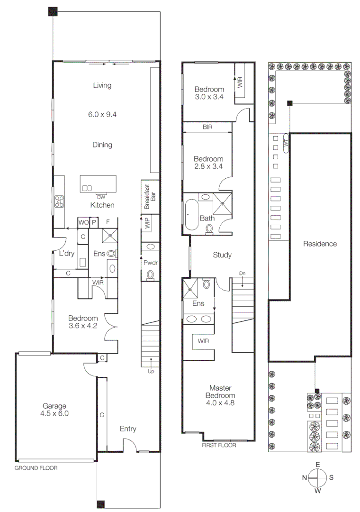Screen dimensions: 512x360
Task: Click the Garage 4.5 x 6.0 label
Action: point(55,410)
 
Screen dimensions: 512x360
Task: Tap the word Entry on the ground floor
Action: point(128,429)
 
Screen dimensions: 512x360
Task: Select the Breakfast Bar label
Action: point(149,197)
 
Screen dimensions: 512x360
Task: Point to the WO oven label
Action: point(83,222)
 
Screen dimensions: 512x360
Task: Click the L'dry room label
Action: point(67,254)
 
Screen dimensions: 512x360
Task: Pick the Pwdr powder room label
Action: point(150,262)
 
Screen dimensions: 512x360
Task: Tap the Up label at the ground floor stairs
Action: point(151,371)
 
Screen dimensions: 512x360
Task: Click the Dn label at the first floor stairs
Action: point(242,273)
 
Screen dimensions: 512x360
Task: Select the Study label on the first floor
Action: point(222,255)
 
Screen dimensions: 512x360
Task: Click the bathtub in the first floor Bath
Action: point(192,215)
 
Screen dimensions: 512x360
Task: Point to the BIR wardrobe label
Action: point(207,127)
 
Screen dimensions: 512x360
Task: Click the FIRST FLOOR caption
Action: point(219,445)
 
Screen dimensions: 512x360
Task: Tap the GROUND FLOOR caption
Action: point(36,468)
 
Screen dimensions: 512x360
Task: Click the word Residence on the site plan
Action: point(320,244)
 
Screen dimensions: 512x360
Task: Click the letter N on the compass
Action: point(304,478)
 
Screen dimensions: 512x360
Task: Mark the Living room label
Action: point(102,86)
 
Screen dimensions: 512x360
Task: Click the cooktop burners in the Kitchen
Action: point(59,201)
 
